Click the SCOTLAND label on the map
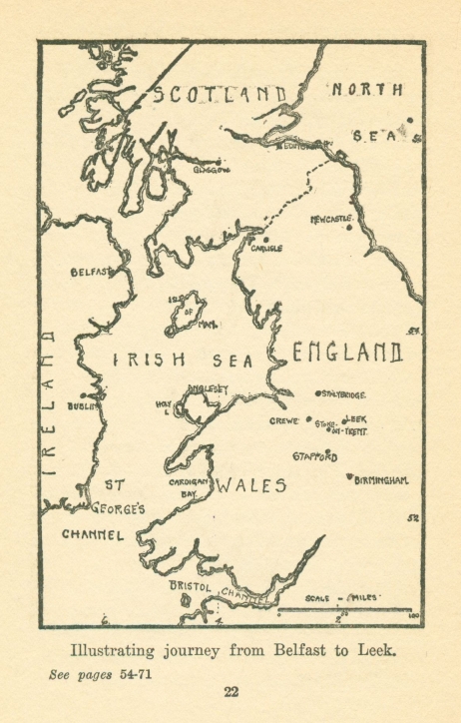coord(226,95)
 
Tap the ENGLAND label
coord(346,352)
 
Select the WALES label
coord(252,486)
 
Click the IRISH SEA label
coord(184,361)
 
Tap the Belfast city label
coord(90,272)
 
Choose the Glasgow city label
coord(211,170)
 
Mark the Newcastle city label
coord(331,218)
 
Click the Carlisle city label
coord(266,248)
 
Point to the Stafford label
coord(314,456)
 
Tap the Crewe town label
coord(284,421)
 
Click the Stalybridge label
coord(344,395)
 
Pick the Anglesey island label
coord(209,388)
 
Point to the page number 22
coord(230,692)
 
